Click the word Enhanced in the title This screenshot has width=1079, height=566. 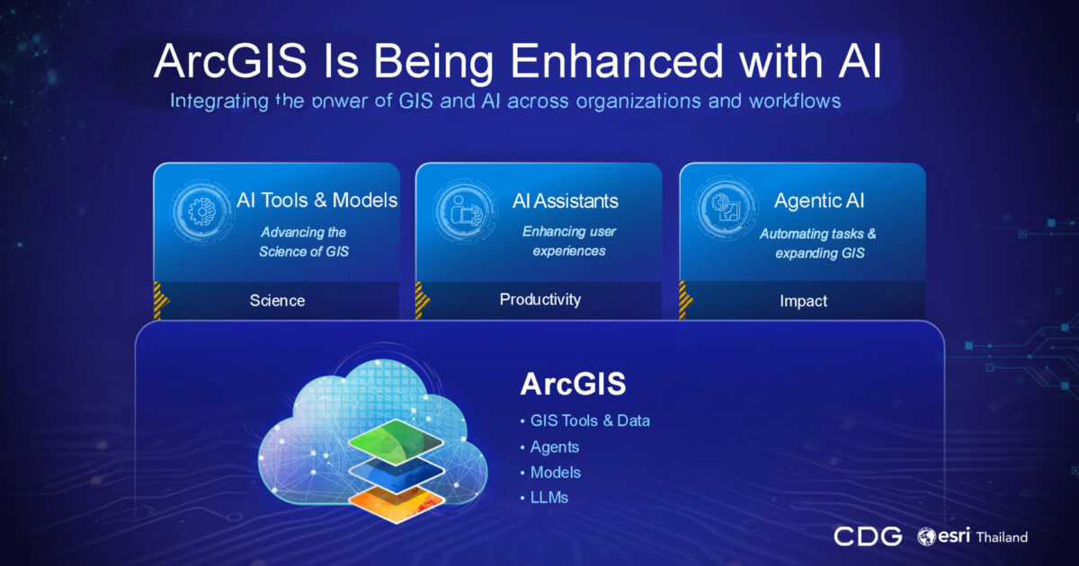point(617,61)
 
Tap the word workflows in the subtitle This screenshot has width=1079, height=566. point(795,101)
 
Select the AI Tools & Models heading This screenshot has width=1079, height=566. point(317,200)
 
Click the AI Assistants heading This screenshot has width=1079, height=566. point(565,200)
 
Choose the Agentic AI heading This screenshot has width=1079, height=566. point(819,200)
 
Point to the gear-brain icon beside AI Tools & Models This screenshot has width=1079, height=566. point(201,211)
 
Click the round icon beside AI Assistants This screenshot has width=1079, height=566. point(464,211)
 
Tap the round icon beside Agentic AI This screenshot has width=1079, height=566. point(727,208)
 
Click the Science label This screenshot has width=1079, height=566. point(277,301)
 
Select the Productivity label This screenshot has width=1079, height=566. point(540,299)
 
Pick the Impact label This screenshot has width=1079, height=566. point(803,301)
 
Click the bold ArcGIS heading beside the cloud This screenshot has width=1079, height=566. point(573,385)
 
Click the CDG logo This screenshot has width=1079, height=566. point(868,536)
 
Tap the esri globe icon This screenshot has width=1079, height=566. point(926,536)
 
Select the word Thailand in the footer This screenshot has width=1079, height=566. point(1002,537)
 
